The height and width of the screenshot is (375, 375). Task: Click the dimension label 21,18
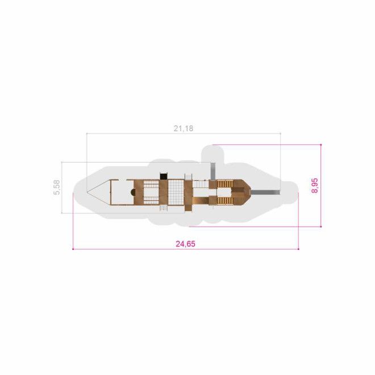(x=183, y=128)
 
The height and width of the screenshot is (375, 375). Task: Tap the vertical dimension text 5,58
(x=57, y=188)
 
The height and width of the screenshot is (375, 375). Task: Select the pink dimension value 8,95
(x=315, y=186)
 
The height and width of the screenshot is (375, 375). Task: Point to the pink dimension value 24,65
(x=186, y=244)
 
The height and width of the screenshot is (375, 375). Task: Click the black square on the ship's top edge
(x=163, y=176)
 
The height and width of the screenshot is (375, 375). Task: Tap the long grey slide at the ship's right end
(x=265, y=192)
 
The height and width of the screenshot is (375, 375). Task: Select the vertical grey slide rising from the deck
(x=213, y=171)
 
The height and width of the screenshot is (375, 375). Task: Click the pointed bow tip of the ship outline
(x=88, y=192)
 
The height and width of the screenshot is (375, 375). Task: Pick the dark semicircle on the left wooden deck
(x=132, y=192)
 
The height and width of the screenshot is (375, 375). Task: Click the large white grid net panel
(x=176, y=192)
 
